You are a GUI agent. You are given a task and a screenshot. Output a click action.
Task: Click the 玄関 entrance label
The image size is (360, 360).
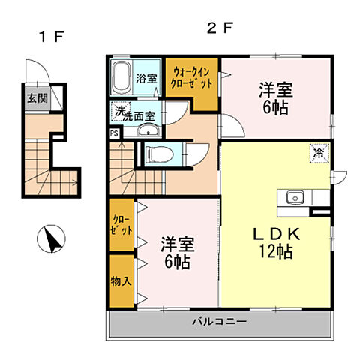[x=34, y=98]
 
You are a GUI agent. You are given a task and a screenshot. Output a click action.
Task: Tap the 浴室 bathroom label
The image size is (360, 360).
[x=146, y=78]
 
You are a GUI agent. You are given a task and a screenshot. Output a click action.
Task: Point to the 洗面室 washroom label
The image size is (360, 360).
[x=139, y=115]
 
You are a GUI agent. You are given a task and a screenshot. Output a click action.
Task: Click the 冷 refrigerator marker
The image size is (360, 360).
[x=319, y=154]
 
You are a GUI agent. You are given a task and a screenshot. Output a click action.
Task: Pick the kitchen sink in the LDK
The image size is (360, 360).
[x=292, y=198]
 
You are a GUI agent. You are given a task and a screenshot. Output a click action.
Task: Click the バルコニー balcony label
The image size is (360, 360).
[x=219, y=321]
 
